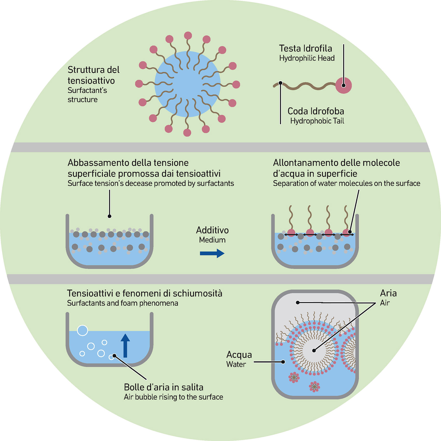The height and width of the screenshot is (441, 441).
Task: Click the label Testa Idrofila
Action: coord(305,48)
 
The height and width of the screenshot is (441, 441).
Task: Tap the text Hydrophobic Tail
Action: coord(317,121)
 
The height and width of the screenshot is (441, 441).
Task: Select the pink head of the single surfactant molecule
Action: coord(344,85)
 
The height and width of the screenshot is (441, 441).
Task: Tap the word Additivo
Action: coord(212,230)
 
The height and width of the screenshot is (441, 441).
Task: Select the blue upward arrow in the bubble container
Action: coord(125,345)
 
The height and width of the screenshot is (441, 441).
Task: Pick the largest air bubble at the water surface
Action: coord(82,331)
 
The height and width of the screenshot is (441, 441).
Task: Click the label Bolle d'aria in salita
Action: coord(163,387)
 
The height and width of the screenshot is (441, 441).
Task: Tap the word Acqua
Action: coord(239,355)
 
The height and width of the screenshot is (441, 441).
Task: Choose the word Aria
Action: coord(388,293)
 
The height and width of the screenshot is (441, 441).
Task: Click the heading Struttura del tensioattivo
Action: coord(93,75)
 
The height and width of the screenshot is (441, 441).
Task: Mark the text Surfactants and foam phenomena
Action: coord(122,303)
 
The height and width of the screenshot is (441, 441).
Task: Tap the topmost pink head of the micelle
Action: coord(188,35)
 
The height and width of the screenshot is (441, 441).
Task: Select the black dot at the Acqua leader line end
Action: coord(283,362)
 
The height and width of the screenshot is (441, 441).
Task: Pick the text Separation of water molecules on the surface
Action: coord(346,184)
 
